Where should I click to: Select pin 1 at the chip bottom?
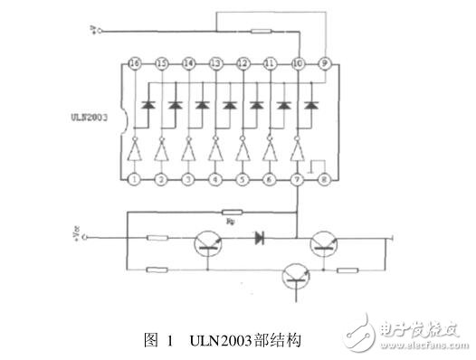coord(135,180)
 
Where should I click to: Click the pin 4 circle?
coord(216,180)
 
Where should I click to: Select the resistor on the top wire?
coord(260,32)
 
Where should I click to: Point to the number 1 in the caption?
coord(169,341)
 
